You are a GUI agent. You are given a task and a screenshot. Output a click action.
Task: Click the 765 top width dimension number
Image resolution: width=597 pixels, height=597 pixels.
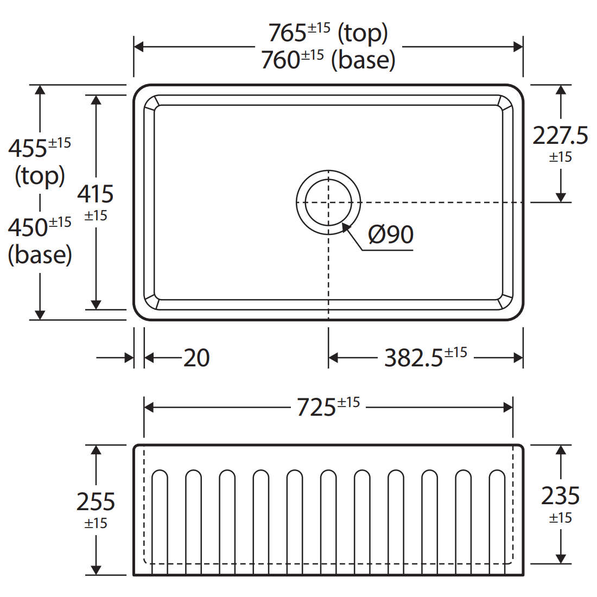(288, 33)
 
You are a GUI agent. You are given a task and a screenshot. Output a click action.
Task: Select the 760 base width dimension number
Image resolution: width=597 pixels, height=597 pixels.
(281, 60)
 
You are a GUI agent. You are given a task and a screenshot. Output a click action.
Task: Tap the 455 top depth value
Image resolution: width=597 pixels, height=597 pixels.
(28, 149)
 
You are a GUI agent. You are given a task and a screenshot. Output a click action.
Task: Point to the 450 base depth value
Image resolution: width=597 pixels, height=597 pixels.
(28, 227)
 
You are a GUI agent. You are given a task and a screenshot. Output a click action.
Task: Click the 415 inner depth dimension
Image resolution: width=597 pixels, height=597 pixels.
(96, 194)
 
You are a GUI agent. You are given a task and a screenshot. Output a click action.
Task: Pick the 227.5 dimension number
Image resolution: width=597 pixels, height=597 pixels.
(560, 136)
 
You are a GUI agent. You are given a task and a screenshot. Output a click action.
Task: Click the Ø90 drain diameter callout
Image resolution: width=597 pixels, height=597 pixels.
(391, 234)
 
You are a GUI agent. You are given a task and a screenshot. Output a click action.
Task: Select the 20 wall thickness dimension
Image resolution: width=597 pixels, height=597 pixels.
(196, 358)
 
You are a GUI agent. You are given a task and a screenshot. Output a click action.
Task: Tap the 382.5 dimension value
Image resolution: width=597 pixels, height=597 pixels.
(414, 358)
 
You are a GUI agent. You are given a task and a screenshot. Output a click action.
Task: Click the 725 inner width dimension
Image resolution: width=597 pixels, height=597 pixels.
(316, 408)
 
